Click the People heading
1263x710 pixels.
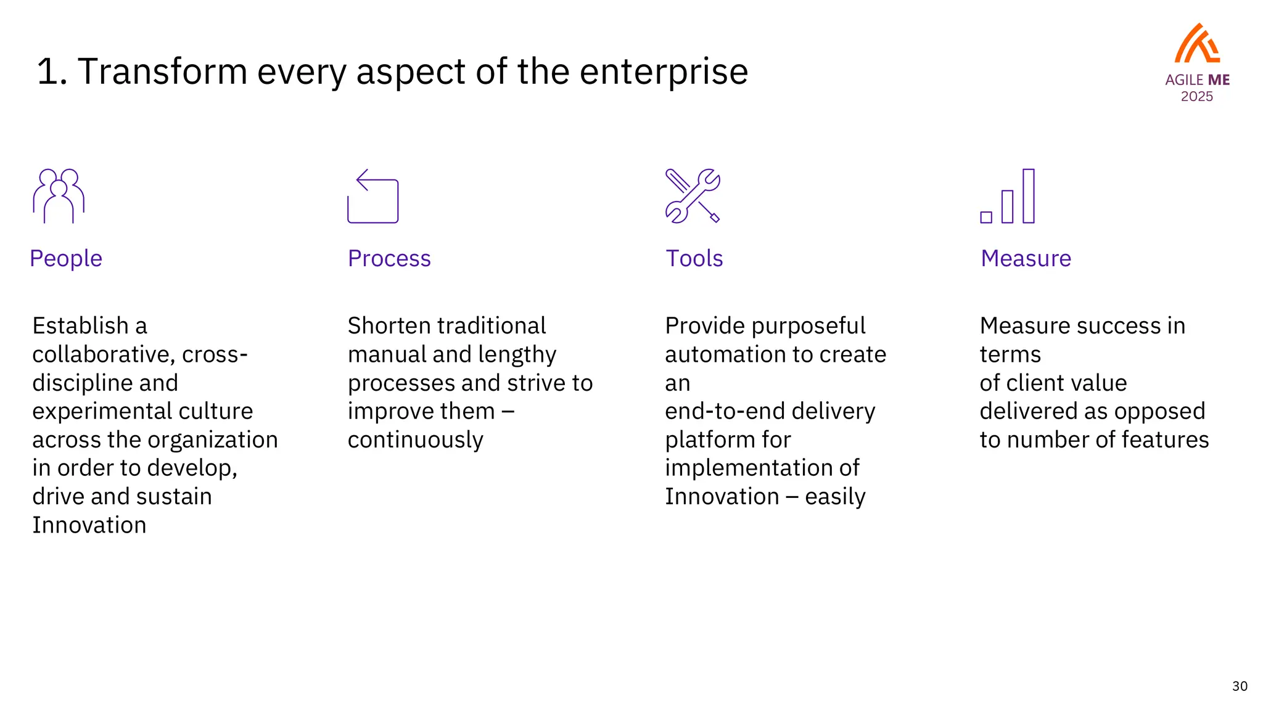point(66,258)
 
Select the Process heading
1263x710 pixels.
point(389,258)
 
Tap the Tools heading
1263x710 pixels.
point(694,258)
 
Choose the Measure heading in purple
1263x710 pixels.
point(1026,258)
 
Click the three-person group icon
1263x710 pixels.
point(59,196)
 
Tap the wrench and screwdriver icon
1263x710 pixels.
point(693,196)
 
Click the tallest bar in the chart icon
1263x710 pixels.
point(1029,196)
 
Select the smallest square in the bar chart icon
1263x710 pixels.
point(986,217)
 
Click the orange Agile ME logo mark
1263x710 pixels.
point(1197,44)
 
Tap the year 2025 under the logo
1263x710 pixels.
point(1197,97)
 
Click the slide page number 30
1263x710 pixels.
point(1240,686)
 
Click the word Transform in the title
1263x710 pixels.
point(162,71)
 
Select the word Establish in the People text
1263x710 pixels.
point(80,325)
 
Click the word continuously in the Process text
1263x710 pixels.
point(415,440)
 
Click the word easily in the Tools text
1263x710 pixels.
point(835,497)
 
